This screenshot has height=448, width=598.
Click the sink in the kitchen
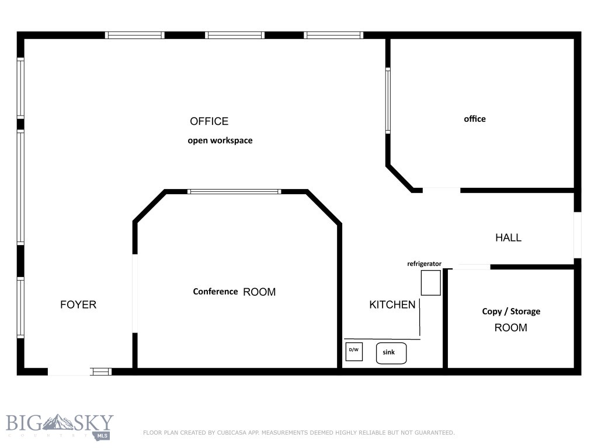tap(391, 353)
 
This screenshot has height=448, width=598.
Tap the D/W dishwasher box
tap(354, 352)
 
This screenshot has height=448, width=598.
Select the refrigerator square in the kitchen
tap(431, 282)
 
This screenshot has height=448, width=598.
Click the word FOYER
tap(78, 304)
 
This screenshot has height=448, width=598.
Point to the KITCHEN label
tap(392, 304)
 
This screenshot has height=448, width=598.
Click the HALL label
tap(508, 237)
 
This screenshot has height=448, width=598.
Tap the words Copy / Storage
tap(511, 311)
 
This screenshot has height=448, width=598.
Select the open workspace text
tap(220, 141)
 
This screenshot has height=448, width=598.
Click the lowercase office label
tap(475, 119)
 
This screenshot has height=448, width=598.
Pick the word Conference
tap(215, 292)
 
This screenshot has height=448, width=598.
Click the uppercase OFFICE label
tap(209, 121)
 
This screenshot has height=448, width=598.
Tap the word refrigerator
tap(424, 264)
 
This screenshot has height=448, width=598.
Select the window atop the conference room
tap(234, 191)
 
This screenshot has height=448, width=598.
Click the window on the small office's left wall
tap(388, 100)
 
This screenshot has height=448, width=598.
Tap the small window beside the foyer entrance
tap(102, 371)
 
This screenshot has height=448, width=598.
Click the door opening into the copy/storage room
tap(471, 267)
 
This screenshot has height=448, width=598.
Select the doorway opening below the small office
tap(441, 190)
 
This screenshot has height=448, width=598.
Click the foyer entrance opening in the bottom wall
tap(69, 371)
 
